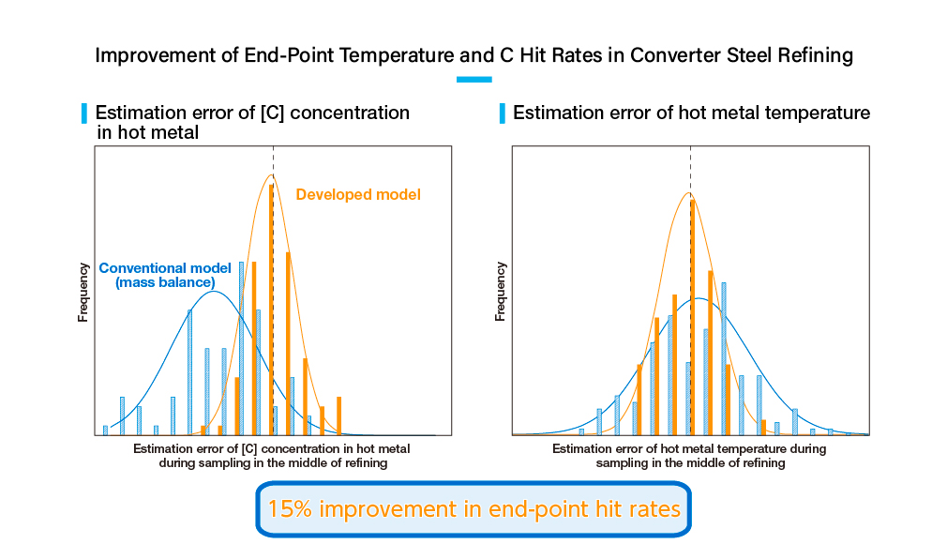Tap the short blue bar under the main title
point(473,80)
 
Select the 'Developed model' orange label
point(358,195)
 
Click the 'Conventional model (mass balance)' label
point(165,274)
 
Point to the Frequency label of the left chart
point(83,293)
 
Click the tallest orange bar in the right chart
point(692,316)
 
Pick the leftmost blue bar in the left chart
point(105,431)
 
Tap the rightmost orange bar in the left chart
point(338,415)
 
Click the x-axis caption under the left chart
point(272,456)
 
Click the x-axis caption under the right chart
point(689,456)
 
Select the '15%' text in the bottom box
point(289,509)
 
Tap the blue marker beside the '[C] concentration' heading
point(85,113)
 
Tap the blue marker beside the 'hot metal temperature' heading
point(503,113)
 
